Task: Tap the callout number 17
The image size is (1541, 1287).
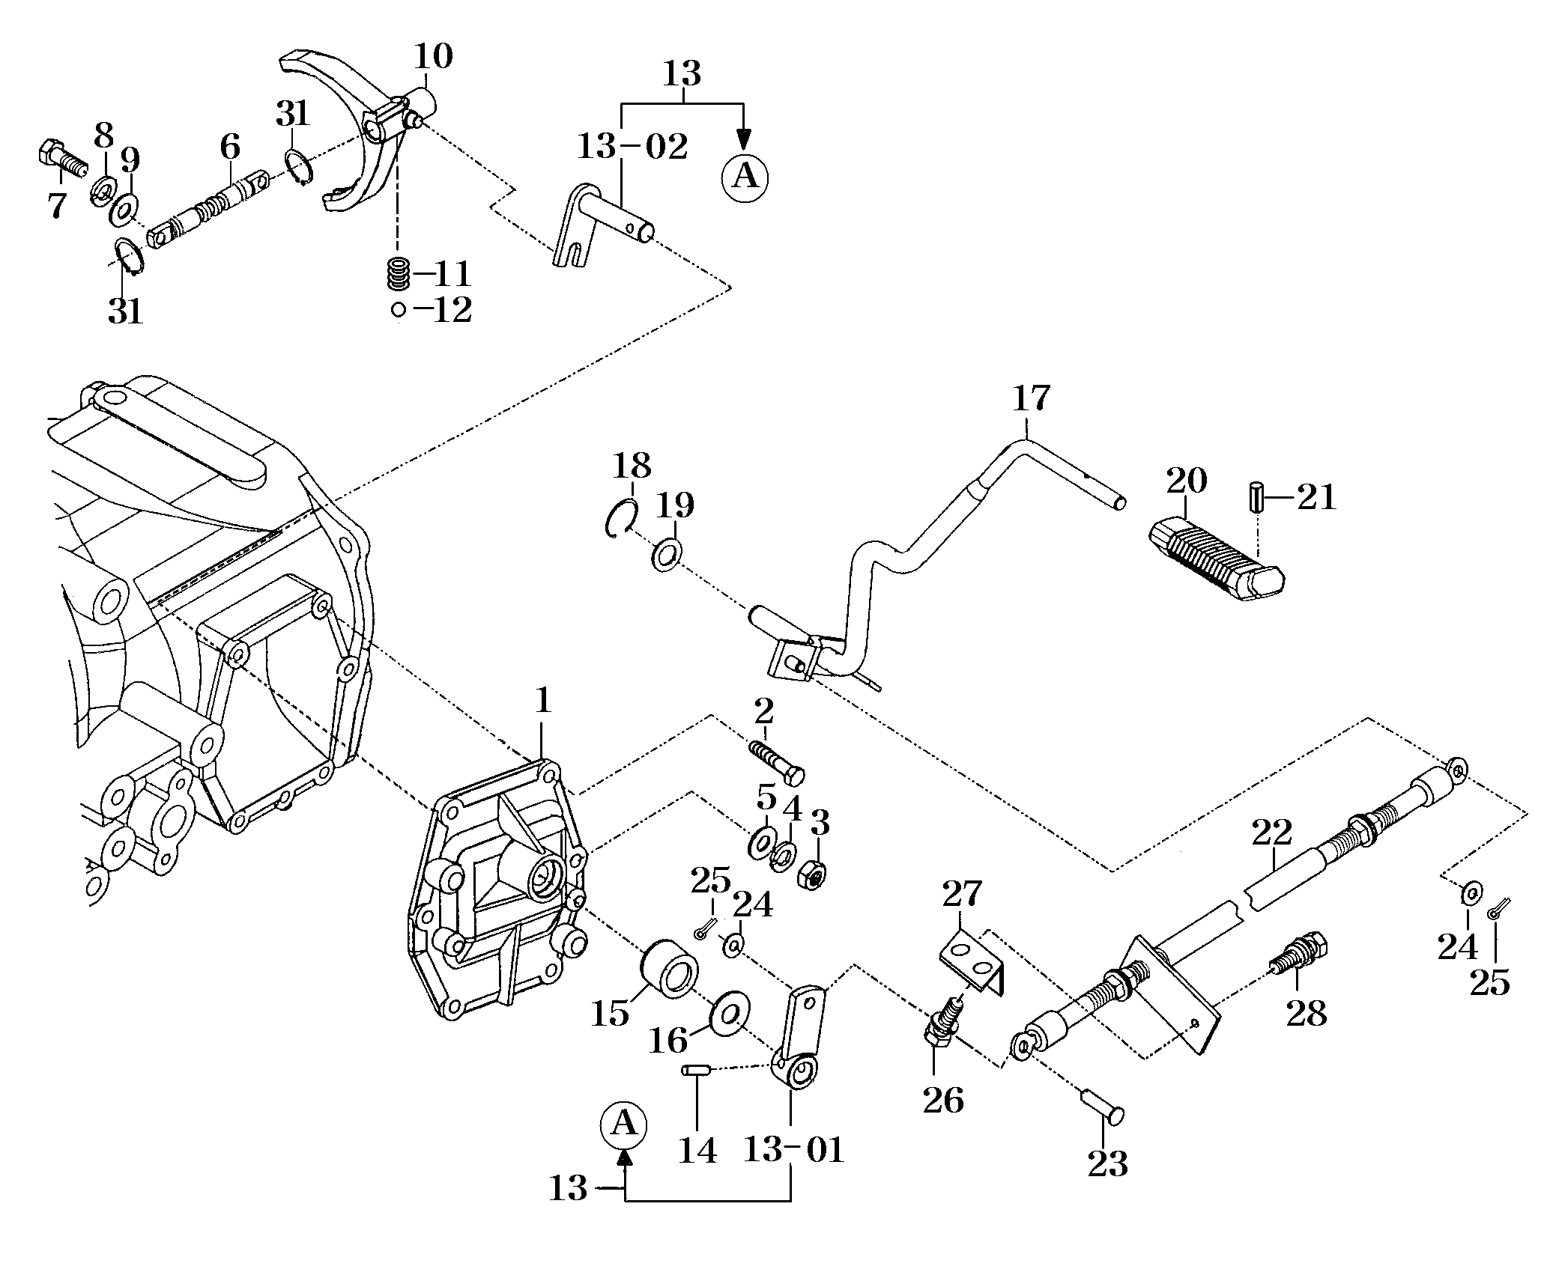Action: tap(1031, 398)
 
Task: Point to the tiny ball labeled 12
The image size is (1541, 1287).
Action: tap(399, 308)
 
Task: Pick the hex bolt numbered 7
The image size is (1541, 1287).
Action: tap(62, 159)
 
